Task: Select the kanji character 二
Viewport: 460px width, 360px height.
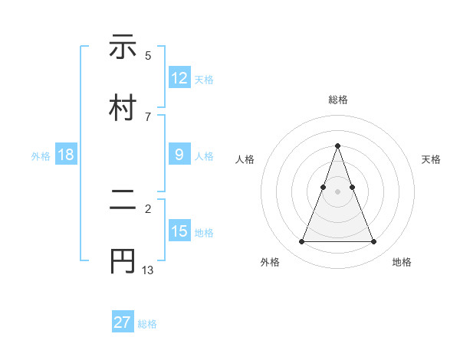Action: click(x=123, y=200)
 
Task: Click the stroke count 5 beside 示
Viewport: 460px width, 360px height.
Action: click(x=148, y=56)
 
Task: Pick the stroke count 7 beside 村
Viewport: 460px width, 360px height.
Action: click(x=148, y=117)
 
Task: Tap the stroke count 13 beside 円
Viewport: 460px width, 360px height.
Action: click(x=148, y=270)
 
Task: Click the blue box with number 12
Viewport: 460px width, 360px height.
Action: click(x=179, y=77)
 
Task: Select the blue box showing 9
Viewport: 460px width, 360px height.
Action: click(x=179, y=154)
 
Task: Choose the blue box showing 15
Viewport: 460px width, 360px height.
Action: click(x=179, y=231)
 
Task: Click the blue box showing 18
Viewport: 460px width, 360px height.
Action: click(x=66, y=154)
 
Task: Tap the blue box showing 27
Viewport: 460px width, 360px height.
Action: click(x=123, y=322)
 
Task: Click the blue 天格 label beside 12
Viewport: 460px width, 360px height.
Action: click(x=204, y=79)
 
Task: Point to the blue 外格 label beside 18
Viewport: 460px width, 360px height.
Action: click(x=41, y=155)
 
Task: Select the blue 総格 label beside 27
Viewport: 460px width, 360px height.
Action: click(x=147, y=324)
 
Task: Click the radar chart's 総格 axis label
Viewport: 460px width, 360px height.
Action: click(x=337, y=100)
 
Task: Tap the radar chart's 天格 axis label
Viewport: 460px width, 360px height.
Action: click(x=432, y=159)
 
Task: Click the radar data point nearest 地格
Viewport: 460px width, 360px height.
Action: click(x=373, y=242)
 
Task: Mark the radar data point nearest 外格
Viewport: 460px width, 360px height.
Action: click(x=301, y=242)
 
